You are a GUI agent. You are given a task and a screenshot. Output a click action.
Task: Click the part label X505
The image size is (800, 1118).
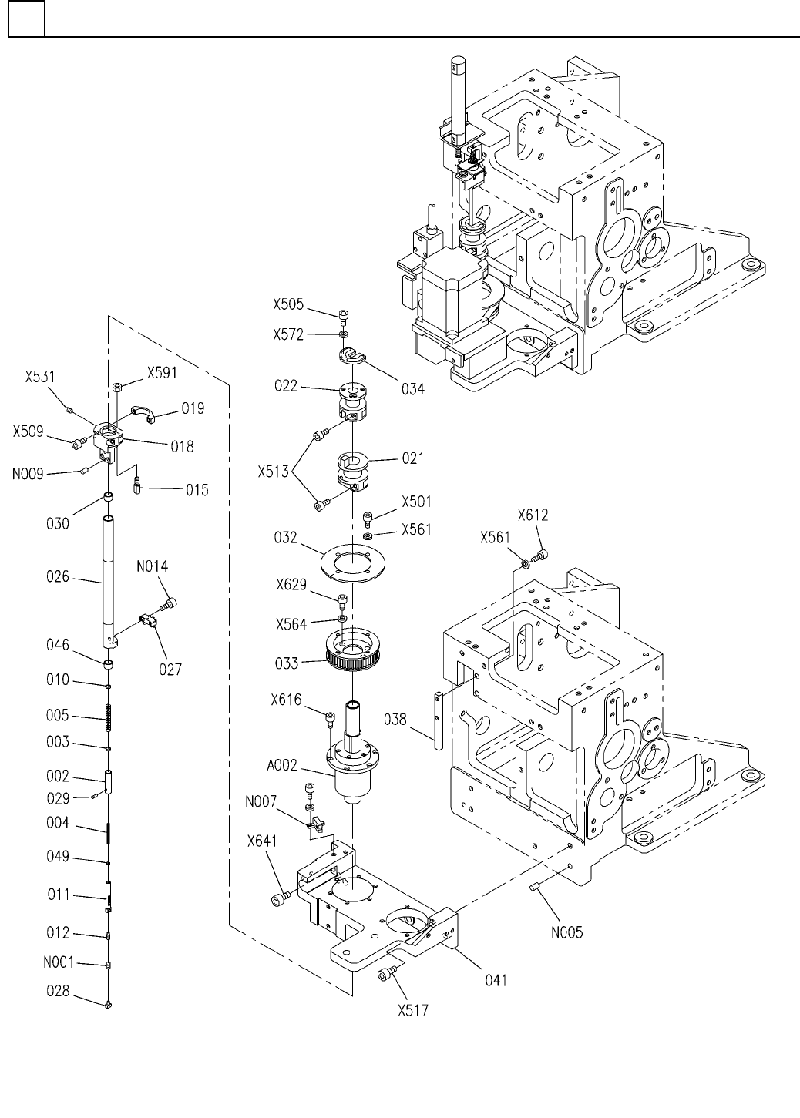(289, 304)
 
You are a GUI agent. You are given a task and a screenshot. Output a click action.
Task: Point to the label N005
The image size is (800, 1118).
(566, 932)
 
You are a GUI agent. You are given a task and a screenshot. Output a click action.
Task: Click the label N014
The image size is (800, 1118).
(153, 566)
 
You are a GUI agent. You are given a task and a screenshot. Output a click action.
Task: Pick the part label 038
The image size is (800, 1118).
(396, 719)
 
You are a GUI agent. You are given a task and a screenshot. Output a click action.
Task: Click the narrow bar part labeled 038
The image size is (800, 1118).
(437, 720)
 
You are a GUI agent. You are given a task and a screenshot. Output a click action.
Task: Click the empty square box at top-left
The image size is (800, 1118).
(26, 19)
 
